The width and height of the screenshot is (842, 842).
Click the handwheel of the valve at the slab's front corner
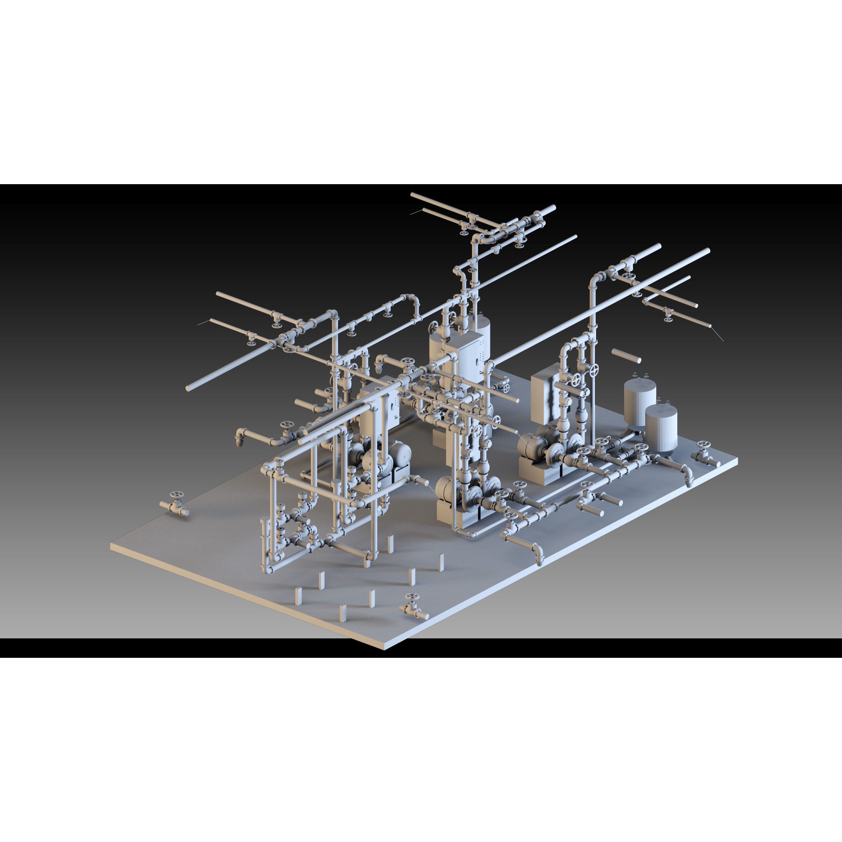click(410, 598)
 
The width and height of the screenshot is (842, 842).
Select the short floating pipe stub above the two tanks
click(626, 356)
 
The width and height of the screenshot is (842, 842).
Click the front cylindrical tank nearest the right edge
click(661, 428)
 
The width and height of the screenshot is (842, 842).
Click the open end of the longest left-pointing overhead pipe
click(189, 387)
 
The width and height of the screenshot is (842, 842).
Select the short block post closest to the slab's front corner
click(343, 613)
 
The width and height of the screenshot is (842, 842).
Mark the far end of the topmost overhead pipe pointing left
click(412, 195)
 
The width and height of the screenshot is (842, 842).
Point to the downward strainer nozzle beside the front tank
click(688, 481)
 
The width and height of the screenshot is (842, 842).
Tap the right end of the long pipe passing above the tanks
click(707, 251)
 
